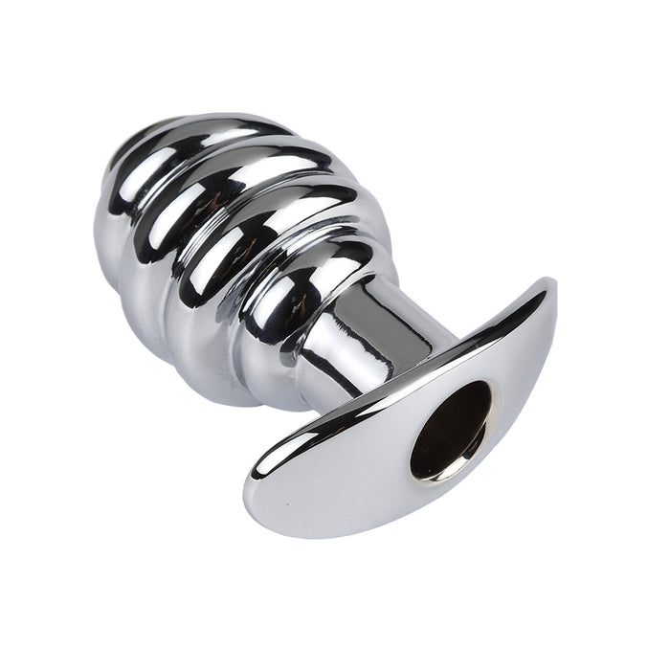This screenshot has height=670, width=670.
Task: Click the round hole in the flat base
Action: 450,431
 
